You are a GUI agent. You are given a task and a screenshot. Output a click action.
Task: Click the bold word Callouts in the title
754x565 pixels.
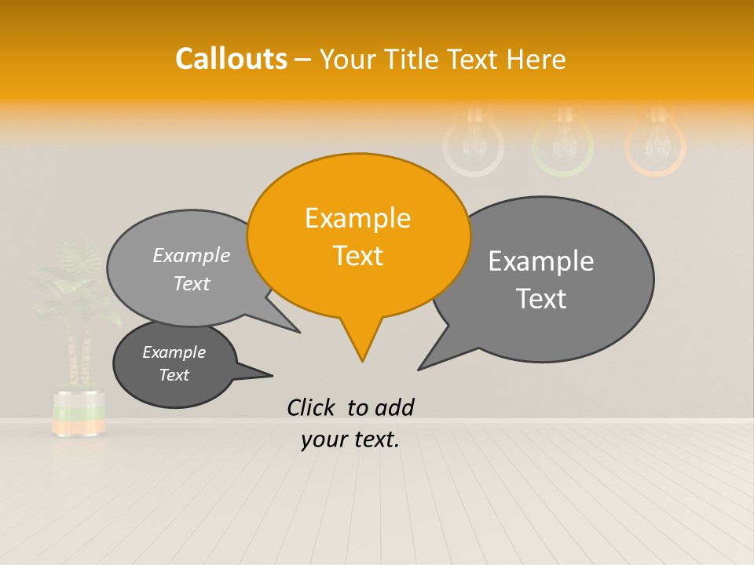(231, 59)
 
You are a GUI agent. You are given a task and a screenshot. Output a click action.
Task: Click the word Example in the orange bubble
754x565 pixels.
(357, 218)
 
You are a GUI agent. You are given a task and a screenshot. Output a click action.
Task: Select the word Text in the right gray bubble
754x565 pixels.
(541, 299)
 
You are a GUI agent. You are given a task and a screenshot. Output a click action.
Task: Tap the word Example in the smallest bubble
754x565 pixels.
(174, 352)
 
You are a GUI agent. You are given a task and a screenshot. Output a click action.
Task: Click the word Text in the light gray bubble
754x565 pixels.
(192, 284)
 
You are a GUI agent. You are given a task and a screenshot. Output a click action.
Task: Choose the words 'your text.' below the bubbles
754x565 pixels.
(350, 439)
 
